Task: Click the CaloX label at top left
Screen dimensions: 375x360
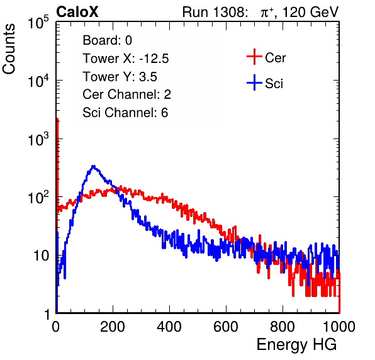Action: click(77, 12)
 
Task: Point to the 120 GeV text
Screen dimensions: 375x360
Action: click(310, 12)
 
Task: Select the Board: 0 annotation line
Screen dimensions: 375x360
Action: click(107, 40)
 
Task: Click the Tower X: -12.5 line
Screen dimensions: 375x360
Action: click(126, 59)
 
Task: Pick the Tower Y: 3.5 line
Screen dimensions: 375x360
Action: click(120, 77)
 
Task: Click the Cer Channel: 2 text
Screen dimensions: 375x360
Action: click(126, 94)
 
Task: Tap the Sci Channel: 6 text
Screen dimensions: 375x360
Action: click(125, 113)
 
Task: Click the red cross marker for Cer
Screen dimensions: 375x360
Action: click(254, 57)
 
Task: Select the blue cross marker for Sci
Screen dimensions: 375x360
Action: click(254, 83)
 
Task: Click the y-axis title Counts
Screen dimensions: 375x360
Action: click(9, 48)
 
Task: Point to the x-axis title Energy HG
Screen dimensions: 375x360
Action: click(296, 345)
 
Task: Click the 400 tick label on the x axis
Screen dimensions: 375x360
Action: click(169, 327)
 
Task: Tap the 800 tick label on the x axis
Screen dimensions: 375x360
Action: click(283, 327)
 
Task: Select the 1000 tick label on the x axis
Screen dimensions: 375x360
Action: click(339, 327)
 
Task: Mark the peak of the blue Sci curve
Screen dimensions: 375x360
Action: click(94, 166)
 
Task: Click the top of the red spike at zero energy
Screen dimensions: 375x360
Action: click(57, 119)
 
